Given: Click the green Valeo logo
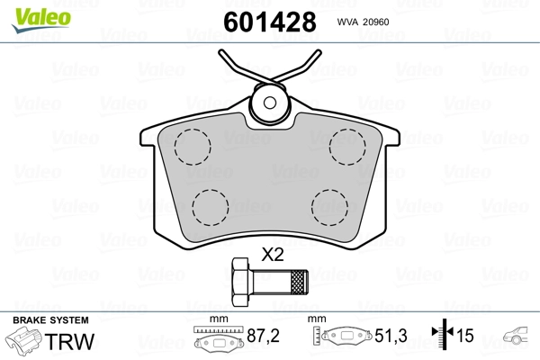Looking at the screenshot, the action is [41, 19].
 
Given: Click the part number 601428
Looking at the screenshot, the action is [270, 22].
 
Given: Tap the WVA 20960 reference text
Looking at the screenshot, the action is [363, 22].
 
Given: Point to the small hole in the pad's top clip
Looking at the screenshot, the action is [269, 103].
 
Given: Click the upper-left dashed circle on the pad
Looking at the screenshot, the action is [193, 147].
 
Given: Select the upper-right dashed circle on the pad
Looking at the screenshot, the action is [347, 147].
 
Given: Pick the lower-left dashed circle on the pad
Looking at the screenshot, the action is [210, 207].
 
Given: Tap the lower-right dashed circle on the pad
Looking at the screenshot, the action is [329, 207].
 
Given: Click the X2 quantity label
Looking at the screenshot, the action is [273, 255].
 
